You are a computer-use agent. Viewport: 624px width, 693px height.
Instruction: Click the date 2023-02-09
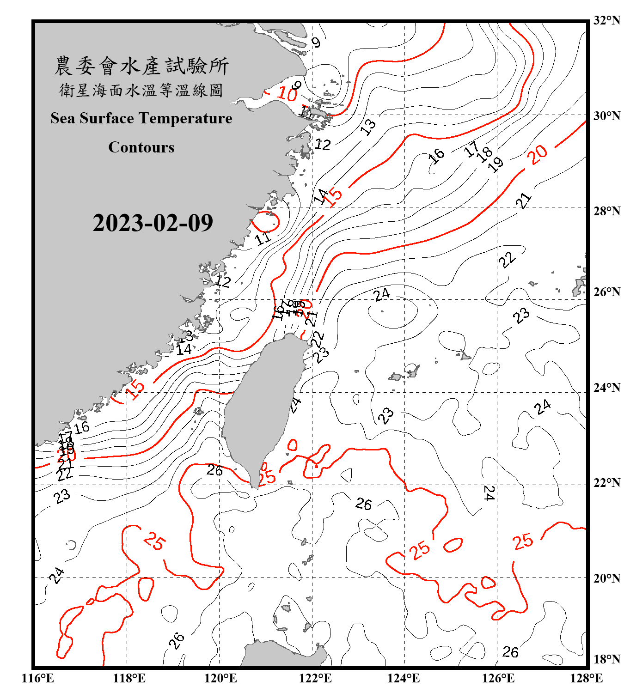pos(153,223)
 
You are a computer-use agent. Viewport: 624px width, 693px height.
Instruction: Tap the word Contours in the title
pos(141,147)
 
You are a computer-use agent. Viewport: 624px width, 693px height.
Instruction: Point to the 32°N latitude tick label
pos(606,20)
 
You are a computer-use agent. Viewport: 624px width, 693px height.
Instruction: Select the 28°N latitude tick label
pos(606,211)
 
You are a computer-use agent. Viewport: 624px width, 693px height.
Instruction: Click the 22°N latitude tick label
pos(606,483)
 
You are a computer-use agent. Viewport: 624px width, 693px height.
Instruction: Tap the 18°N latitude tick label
pos(606,659)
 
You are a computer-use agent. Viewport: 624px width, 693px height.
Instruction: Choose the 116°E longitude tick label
pos(37,678)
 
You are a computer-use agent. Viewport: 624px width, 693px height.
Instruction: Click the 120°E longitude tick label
pos(220,678)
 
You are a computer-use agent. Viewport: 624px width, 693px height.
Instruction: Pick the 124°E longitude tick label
pos(404,678)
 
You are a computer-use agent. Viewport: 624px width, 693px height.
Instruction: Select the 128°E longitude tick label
pos(586,678)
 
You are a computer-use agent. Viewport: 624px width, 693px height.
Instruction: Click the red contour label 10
pos(287,94)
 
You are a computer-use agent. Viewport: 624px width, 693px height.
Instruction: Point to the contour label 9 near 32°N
pos(316,43)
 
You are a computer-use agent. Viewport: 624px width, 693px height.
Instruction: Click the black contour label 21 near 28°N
pos(524,201)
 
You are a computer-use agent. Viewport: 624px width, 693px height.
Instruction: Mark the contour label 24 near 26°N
pos(382,294)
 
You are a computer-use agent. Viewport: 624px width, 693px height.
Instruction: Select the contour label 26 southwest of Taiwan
pos(214,470)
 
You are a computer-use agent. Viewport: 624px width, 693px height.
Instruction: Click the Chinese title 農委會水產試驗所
pos(141,66)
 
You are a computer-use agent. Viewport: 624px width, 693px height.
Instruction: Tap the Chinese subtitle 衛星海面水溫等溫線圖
pos(141,90)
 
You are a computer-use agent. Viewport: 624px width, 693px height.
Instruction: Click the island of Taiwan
pos(261,407)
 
